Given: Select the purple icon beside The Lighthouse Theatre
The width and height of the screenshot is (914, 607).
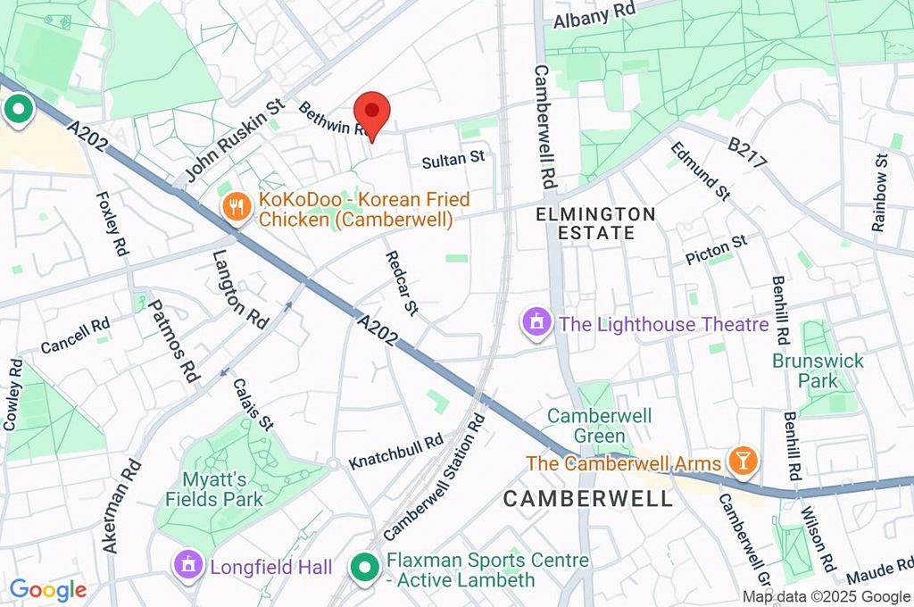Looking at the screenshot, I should point(536,324).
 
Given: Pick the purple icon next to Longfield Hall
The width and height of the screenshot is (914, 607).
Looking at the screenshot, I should point(188,566).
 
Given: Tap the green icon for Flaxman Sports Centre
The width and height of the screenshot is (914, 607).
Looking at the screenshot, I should point(364,566).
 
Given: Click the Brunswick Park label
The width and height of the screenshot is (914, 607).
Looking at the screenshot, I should point(818,370).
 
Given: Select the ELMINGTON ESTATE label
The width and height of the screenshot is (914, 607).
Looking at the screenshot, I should point(595,223).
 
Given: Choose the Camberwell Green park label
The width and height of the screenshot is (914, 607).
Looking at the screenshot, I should point(599,426).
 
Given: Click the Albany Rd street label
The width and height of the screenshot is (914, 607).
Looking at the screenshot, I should point(594,15).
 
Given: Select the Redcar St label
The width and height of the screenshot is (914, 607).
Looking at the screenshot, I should point(401,283).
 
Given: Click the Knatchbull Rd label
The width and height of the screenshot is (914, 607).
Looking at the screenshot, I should point(395,453).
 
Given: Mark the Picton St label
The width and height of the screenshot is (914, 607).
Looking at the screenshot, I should point(716,251).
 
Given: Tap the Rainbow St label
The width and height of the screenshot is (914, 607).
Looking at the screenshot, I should point(880,192).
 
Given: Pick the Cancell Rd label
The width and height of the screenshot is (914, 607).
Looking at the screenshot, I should point(75,336).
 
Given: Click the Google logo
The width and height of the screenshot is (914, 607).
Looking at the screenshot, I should point(48,589).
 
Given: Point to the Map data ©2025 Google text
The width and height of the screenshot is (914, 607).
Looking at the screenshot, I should point(826,597).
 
